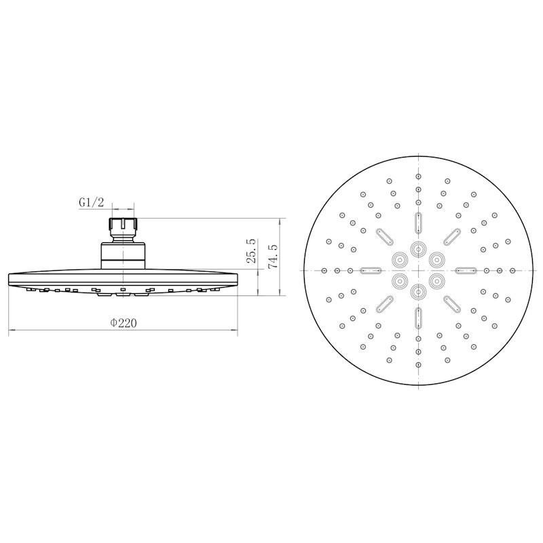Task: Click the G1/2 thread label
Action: [x=92, y=202]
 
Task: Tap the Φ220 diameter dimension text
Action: [x=124, y=323]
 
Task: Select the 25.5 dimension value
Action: [x=251, y=250]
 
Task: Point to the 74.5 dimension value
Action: [x=273, y=257]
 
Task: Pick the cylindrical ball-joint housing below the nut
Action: [x=124, y=256]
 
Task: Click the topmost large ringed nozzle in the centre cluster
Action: [x=418, y=248]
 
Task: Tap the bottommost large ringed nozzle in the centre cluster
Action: [x=418, y=292]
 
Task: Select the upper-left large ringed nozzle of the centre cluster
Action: [x=400, y=259]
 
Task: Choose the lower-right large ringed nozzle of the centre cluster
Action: [x=436, y=281]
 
